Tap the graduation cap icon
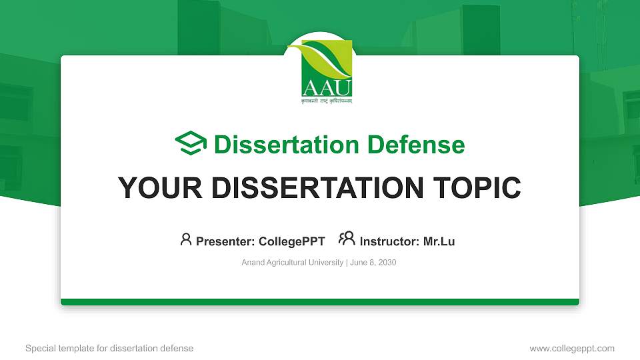click(x=191, y=144)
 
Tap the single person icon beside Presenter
click(x=186, y=239)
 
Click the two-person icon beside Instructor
click(x=347, y=239)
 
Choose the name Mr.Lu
click(x=439, y=241)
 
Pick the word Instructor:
click(x=390, y=241)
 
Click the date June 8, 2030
click(x=373, y=263)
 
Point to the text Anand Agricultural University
click(x=292, y=263)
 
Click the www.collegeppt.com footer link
click(x=571, y=348)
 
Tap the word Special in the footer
click(x=39, y=348)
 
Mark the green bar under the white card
click(x=320, y=302)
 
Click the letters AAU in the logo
click(x=327, y=87)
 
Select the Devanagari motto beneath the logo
click(x=327, y=101)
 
